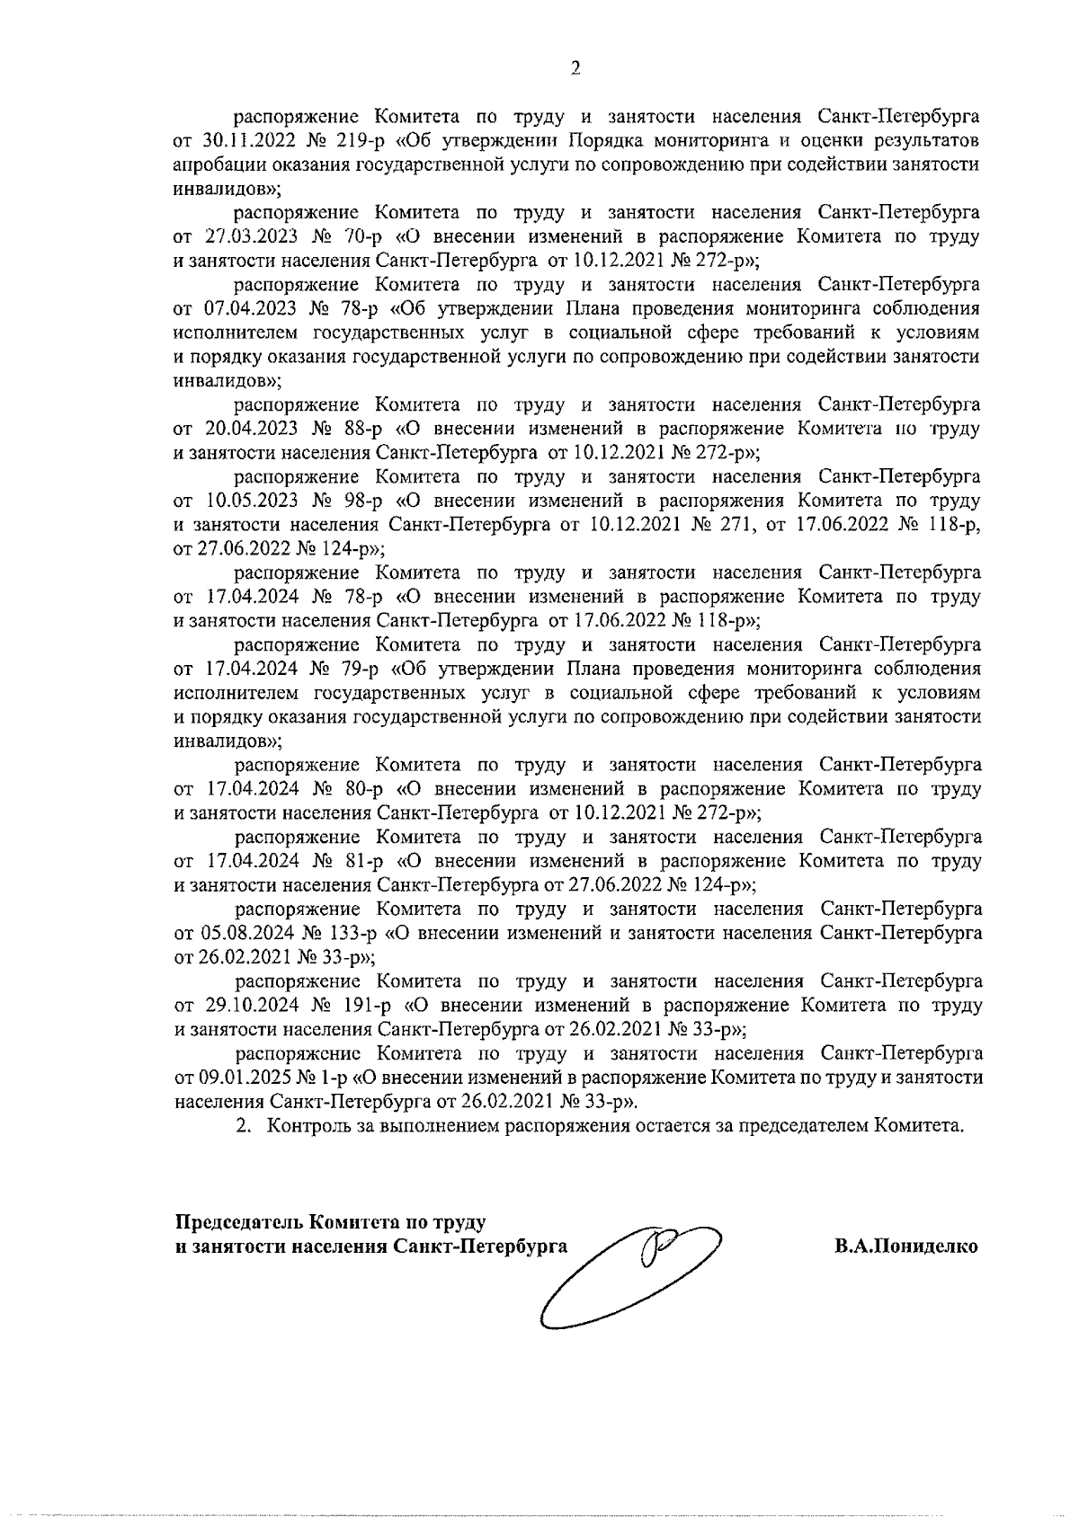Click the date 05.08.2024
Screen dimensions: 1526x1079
(x=239, y=933)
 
